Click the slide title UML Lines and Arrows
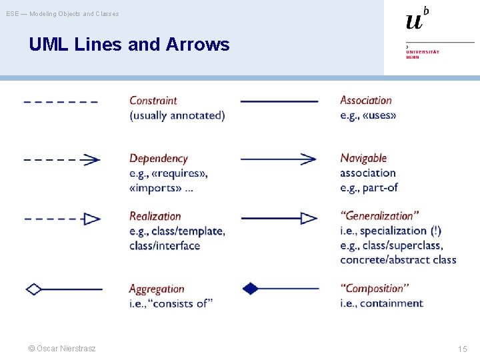point(129,45)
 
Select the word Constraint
point(153,101)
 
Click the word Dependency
point(158,159)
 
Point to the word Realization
point(155,216)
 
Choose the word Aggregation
point(156,289)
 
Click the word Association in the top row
point(366,101)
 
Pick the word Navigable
point(363,158)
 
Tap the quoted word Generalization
point(379,216)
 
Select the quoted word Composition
point(375,289)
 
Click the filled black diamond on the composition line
point(250,289)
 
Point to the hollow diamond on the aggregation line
point(33,289)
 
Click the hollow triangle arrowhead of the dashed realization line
point(92,219)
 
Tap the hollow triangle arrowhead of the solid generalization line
point(309,218)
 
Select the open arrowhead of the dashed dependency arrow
point(93,159)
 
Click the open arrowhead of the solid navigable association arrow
point(309,159)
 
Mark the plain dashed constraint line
point(61,102)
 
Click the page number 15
point(462,349)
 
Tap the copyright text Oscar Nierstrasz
point(62,349)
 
